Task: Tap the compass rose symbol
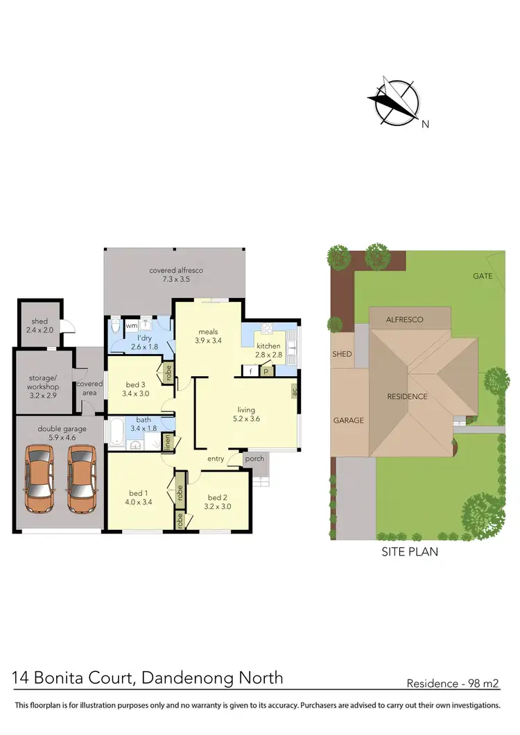click(393, 103)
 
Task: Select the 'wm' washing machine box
click(131, 326)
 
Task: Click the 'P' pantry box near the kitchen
click(266, 371)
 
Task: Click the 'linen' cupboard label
click(167, 442)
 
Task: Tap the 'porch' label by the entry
click(254, 459)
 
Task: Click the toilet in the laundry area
click(116, 326)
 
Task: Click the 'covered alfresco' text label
click(176, 270)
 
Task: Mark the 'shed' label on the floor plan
click(40, 321)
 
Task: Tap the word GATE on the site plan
click(483, 276)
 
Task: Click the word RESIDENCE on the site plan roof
click(407, 397)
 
